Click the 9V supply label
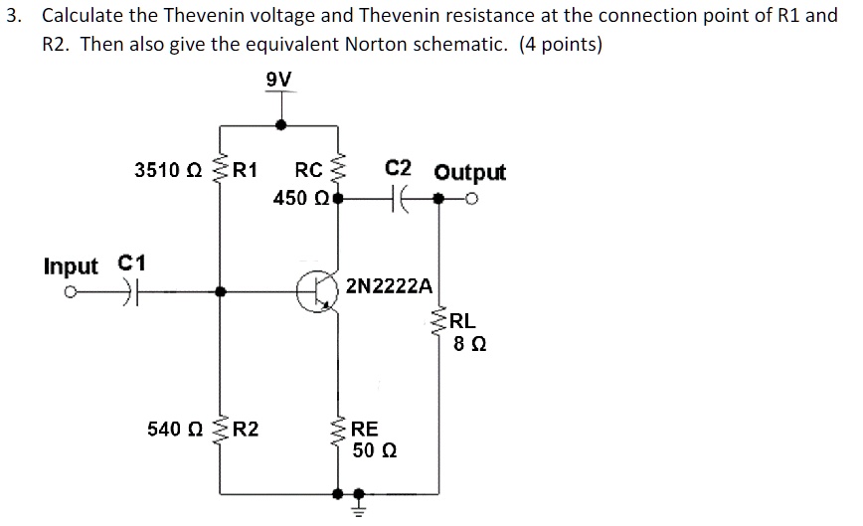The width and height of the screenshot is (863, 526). coord(280,80)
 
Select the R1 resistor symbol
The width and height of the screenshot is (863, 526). coord(220,171)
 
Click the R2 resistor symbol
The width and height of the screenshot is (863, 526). coord(220,431)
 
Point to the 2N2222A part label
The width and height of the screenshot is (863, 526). coord(390,286)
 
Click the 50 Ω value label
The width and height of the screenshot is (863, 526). coord(376,449)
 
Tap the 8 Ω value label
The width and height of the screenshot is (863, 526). coord(468,345)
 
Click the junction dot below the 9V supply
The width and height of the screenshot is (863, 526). coord(281,125)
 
